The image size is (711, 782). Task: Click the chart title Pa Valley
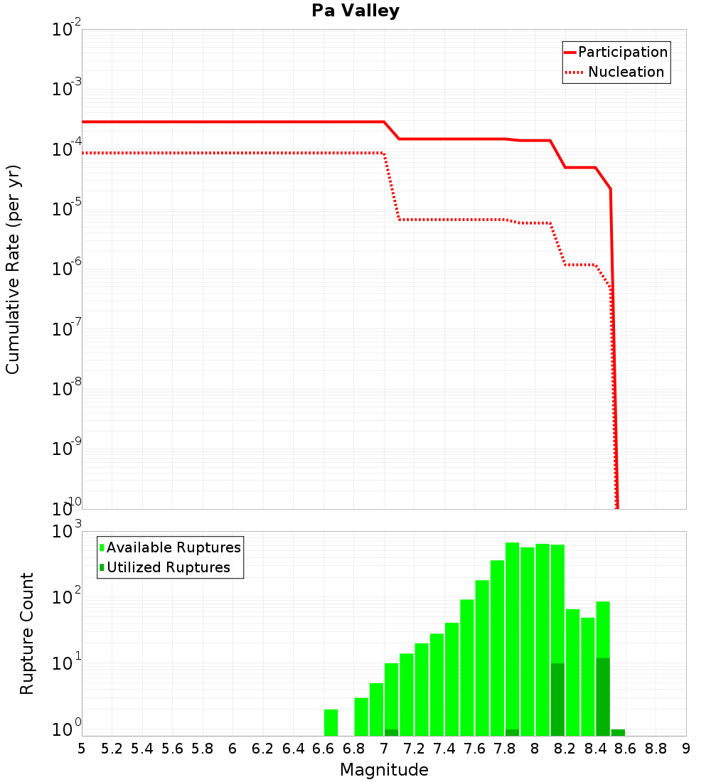coord(355,11)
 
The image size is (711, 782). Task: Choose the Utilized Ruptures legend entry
coord(168,568)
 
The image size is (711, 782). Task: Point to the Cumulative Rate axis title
coord(13,269)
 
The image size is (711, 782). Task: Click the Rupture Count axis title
coord(27,633)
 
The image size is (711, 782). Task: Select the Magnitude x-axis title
coord(384,770)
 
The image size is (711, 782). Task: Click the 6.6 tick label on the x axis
coord(324,749)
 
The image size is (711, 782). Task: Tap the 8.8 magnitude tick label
coord(656,749)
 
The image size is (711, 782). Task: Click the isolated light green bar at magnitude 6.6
coord(331,722)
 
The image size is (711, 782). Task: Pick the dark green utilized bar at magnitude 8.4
coord(603,697)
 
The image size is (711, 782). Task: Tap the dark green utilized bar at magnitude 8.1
coord(557,700)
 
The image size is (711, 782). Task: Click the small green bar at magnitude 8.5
coord(618,732)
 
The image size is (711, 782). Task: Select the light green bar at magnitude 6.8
coord(361,717)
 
